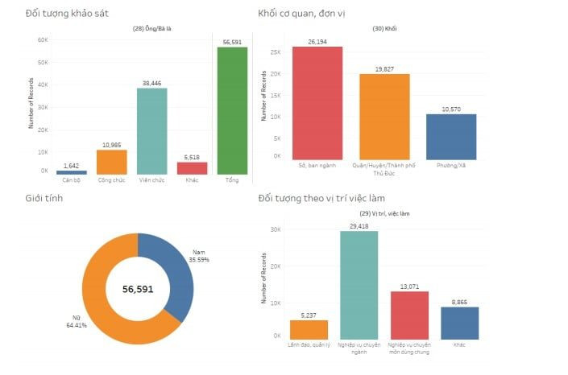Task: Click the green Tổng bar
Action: pos(232,110)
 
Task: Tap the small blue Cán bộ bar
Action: pos(72,172)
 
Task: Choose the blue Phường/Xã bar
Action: pos(451,136)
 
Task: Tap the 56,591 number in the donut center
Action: pos(138,288)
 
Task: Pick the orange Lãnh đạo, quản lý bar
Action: pos(309,329)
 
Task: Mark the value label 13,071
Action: pos(408,286)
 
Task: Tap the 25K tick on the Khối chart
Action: pos(276,53)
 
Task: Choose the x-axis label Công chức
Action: pos(111,180)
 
